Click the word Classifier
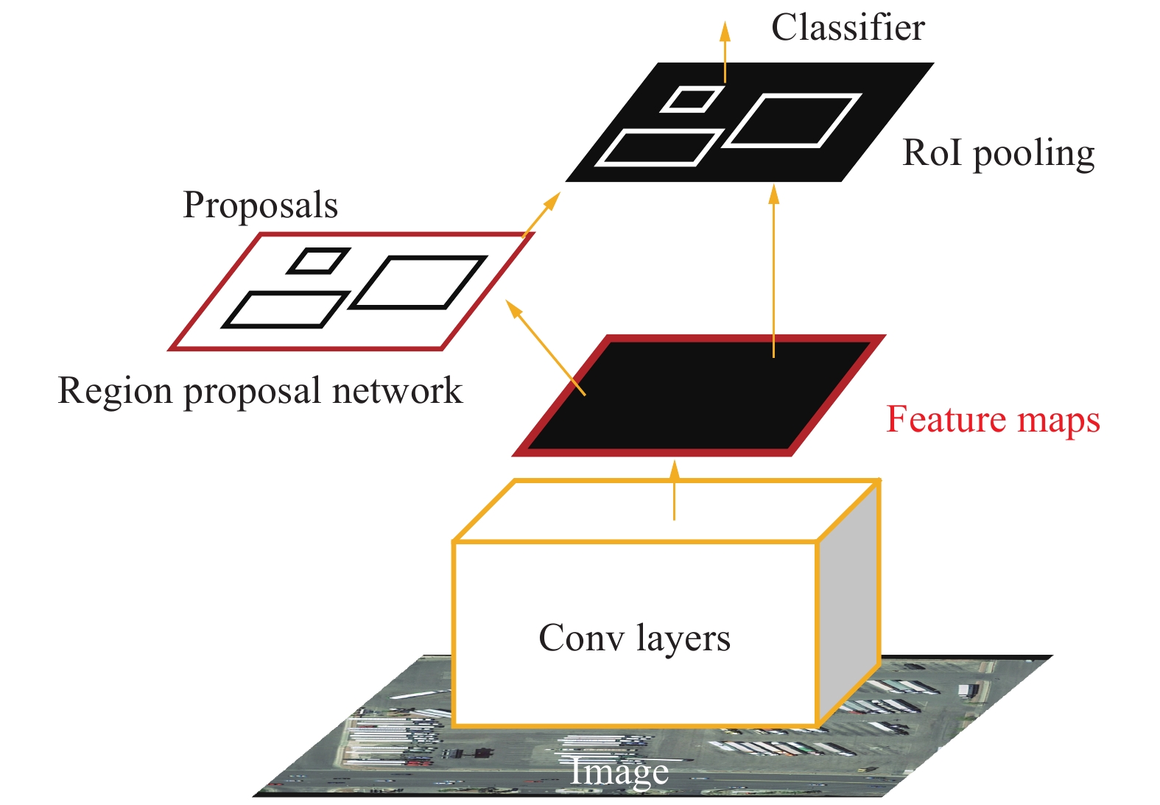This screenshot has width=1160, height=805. point(848,28)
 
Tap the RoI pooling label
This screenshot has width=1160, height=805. point(998,154)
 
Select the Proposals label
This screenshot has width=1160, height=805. point(260,205)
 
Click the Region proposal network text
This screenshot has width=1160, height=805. point(260,391)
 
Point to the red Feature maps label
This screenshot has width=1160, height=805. point(992,421)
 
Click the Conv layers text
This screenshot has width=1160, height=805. point(634,638)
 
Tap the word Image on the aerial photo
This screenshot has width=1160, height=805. point(619,772)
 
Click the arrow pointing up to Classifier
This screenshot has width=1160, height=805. point(725,52)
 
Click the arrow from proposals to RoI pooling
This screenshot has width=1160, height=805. point(541,214)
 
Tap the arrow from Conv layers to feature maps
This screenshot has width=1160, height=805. point(674,491)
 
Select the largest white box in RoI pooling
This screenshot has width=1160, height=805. point(792,121)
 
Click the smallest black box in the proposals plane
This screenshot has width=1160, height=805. point(318,261)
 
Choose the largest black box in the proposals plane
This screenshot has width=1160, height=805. point(418,282)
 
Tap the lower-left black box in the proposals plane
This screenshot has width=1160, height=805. point(285,309)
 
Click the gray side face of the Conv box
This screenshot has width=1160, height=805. point(849,604)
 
